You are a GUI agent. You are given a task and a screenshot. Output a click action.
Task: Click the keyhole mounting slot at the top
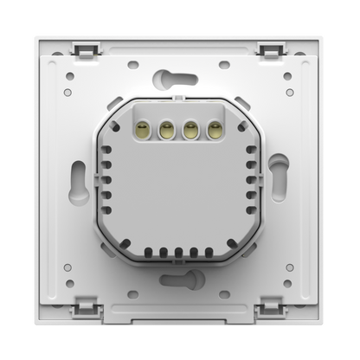164,80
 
